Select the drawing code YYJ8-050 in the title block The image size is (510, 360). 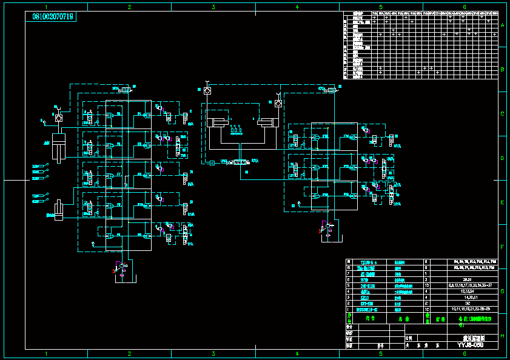point(470,345)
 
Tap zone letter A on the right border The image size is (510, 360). point(502,25)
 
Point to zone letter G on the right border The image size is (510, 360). point(502,292)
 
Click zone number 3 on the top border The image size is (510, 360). point(213,7)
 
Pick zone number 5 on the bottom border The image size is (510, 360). point(381,353)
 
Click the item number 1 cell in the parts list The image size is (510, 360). point(349,308)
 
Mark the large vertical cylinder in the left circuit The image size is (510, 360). point(58,147)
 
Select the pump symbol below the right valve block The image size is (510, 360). point(328,227)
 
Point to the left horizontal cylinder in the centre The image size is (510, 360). point(218,122)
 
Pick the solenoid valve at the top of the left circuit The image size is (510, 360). point(126,90)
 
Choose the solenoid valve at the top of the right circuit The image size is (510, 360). point(331,90)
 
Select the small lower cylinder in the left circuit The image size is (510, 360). point(59,210)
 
